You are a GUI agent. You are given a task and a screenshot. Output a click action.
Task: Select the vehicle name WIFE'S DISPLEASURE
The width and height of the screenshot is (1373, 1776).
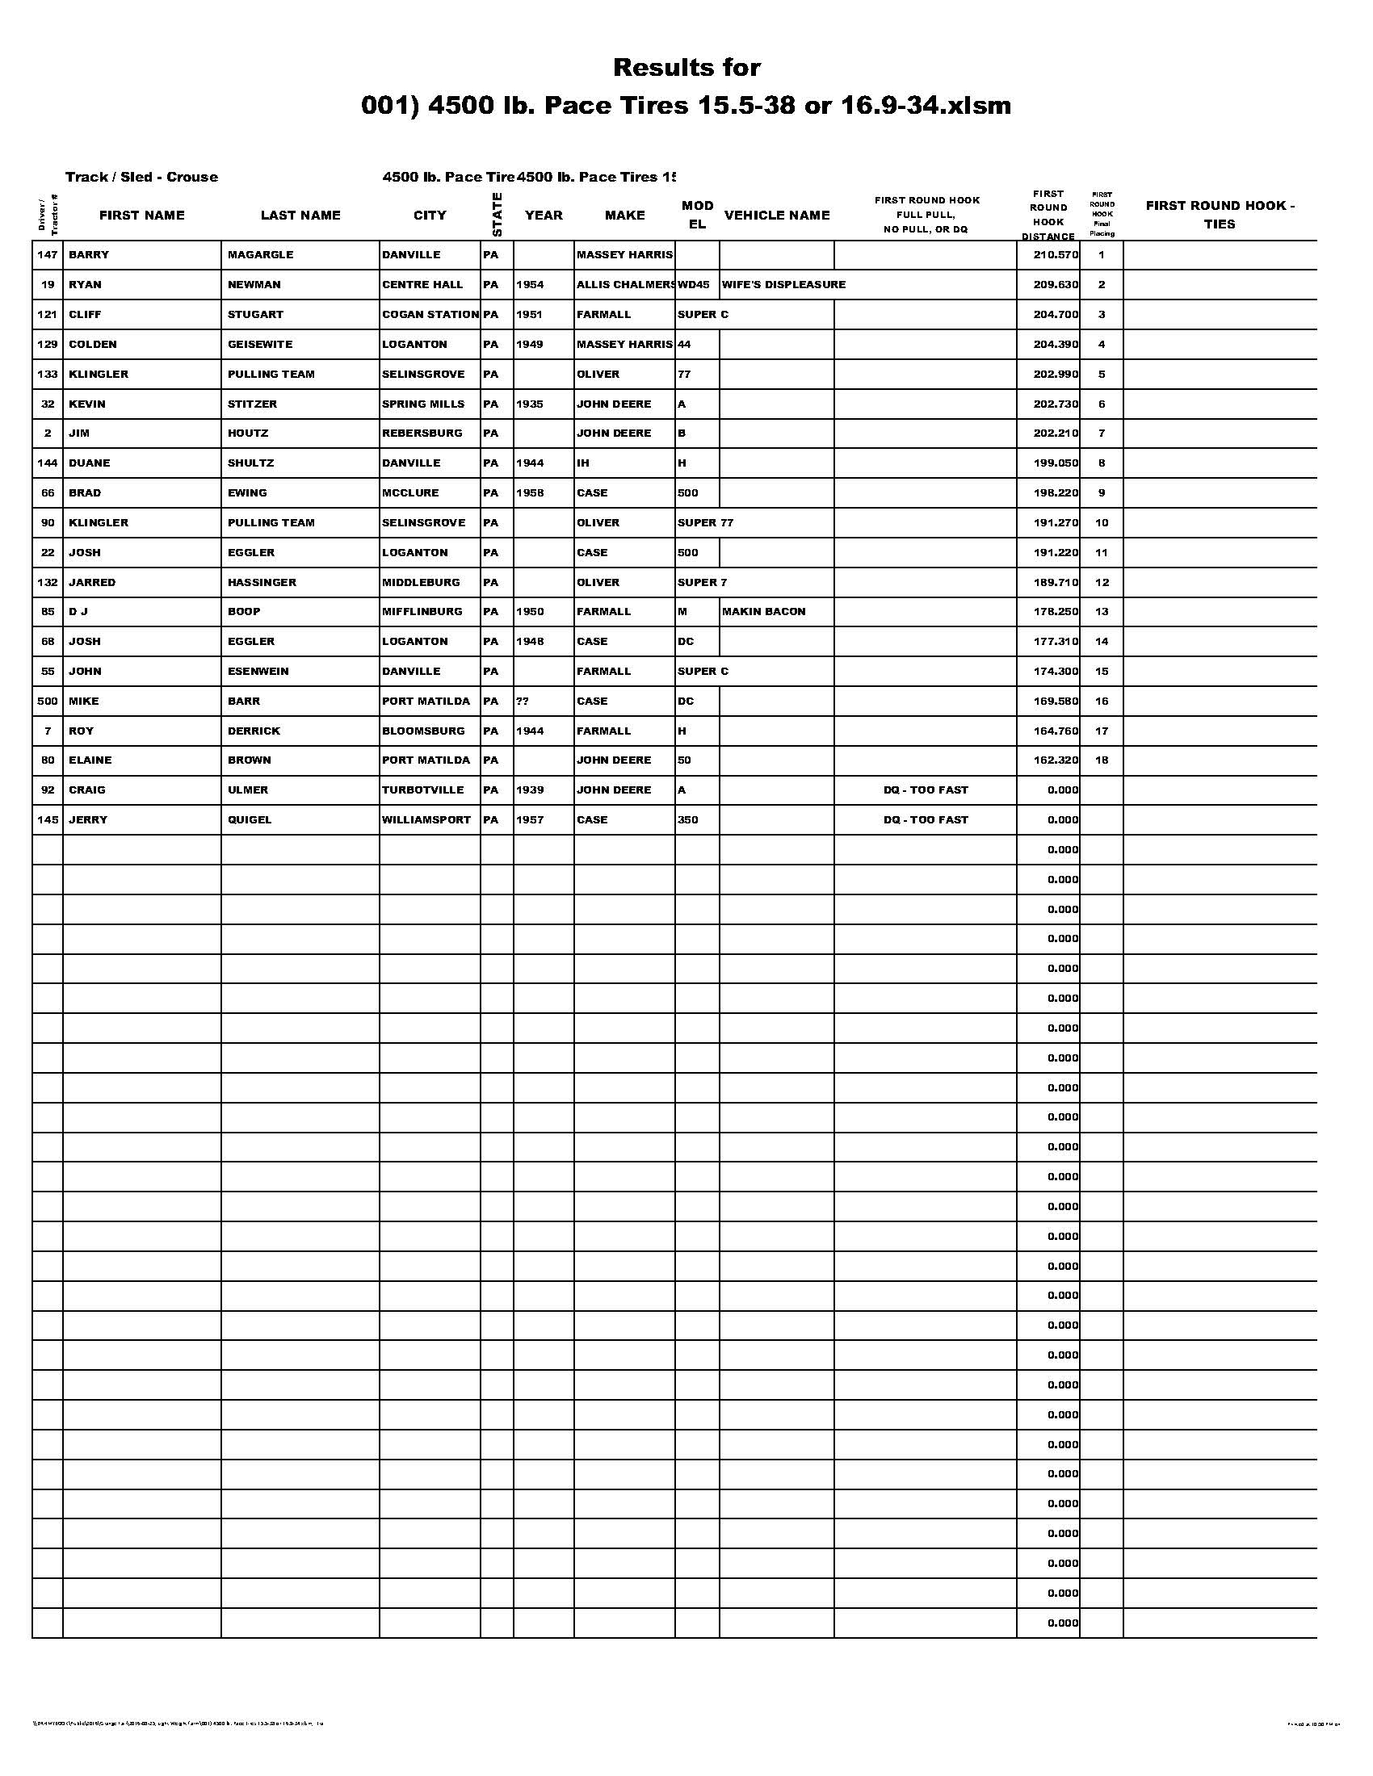tap(783, 285)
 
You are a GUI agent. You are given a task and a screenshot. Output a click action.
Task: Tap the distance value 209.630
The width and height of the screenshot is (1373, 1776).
tap(1055, 285)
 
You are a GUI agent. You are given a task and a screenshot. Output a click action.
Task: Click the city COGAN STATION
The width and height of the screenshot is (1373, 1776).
tap(430, 315)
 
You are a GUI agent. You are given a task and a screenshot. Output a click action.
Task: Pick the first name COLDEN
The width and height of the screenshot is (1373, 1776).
tap(93, 344)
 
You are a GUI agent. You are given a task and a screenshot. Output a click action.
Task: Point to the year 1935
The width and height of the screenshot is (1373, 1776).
tap(530, 404)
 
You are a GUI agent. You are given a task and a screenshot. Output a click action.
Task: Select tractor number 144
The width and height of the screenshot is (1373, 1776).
tap(47, 463)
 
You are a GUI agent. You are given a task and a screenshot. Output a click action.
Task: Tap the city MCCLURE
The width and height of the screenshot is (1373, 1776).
tap(411, 492)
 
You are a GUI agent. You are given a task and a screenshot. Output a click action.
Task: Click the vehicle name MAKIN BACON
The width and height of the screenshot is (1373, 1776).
tap(764, 612)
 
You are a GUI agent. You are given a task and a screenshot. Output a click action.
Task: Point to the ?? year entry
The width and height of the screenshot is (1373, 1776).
tap(523, 701)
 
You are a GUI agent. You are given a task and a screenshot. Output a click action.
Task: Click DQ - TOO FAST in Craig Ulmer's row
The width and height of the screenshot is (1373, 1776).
tap(926, 790)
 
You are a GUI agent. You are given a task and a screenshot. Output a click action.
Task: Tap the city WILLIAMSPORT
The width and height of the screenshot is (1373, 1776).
tap(426, 819)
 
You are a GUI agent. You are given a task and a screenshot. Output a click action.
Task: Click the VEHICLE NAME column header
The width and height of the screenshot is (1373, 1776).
tap(777, 216)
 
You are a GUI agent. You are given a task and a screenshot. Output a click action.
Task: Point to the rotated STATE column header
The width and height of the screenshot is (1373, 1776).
tap(497, 215)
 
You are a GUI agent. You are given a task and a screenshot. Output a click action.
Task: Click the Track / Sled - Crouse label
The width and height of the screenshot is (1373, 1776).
tap(141, 178)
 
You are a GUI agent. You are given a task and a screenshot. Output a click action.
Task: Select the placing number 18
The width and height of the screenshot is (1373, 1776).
tap(1102, 760)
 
